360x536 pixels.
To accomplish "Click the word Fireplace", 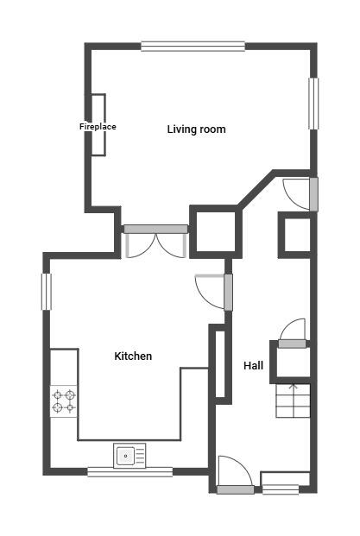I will point(98,127).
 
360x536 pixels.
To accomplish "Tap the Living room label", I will point(196,129).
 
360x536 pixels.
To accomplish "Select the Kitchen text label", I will point(133,356).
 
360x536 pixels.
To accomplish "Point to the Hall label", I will point(253,366).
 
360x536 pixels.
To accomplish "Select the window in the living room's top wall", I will point(193,47).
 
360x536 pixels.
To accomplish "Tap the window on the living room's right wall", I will point(313,104).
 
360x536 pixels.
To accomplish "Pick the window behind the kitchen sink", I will point(129,471).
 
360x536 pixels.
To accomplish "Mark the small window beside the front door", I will point(280,489).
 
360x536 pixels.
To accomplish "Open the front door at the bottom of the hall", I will point(234,475).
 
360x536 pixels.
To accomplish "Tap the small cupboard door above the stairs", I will point(292,333).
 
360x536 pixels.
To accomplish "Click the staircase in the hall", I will point(292,400).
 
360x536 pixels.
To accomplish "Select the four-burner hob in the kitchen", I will point(63,401).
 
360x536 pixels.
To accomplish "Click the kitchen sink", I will point(129,454).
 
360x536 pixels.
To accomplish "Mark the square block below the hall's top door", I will point(294,235).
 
